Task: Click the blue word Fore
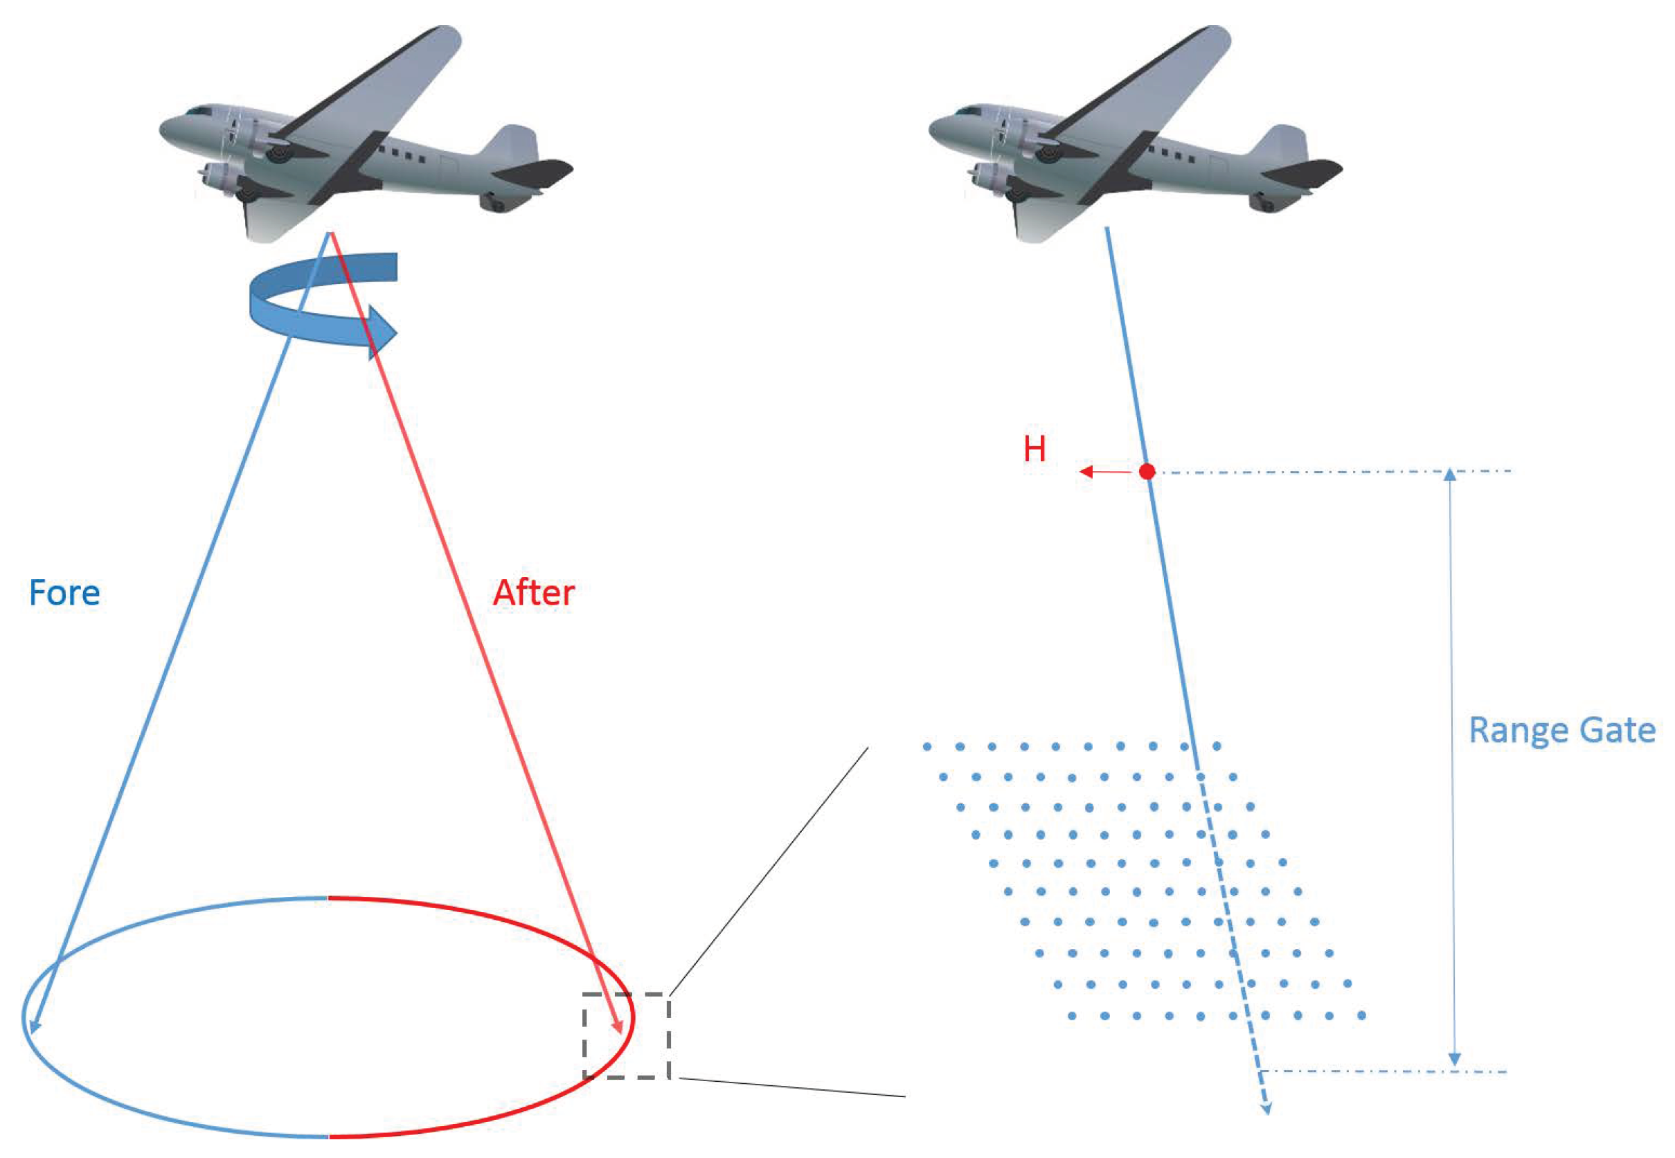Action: pos(64,593)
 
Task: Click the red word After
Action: pos(533,593)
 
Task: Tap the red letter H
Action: pos(1034,449)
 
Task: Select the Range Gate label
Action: pos(1561,730)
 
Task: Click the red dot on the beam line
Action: pos(1147,472)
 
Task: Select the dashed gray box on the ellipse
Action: pos(627,1035)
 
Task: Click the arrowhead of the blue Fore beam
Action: pos(34,1025)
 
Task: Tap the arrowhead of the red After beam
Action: pos(618,1026)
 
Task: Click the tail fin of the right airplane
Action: pos(1285,143)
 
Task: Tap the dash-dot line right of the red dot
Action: pos(1306,472)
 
